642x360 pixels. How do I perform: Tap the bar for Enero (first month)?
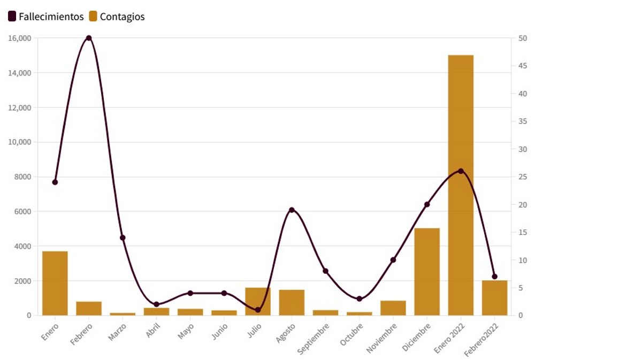(55, 283)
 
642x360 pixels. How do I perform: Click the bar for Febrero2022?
(494, 297)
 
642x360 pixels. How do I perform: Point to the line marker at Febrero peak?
(89, 38)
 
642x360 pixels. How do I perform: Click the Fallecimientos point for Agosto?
(292, 210)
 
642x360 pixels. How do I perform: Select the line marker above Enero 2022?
(461, 171)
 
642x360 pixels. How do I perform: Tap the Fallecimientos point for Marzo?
(123, 238)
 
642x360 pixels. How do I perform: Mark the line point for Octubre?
(359, 299)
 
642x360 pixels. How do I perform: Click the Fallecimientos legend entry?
(46, 17)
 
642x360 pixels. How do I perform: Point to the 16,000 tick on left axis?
(20, 38)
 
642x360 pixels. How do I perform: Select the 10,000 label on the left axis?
(20, 142)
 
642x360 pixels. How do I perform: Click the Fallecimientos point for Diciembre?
(427, 204)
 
